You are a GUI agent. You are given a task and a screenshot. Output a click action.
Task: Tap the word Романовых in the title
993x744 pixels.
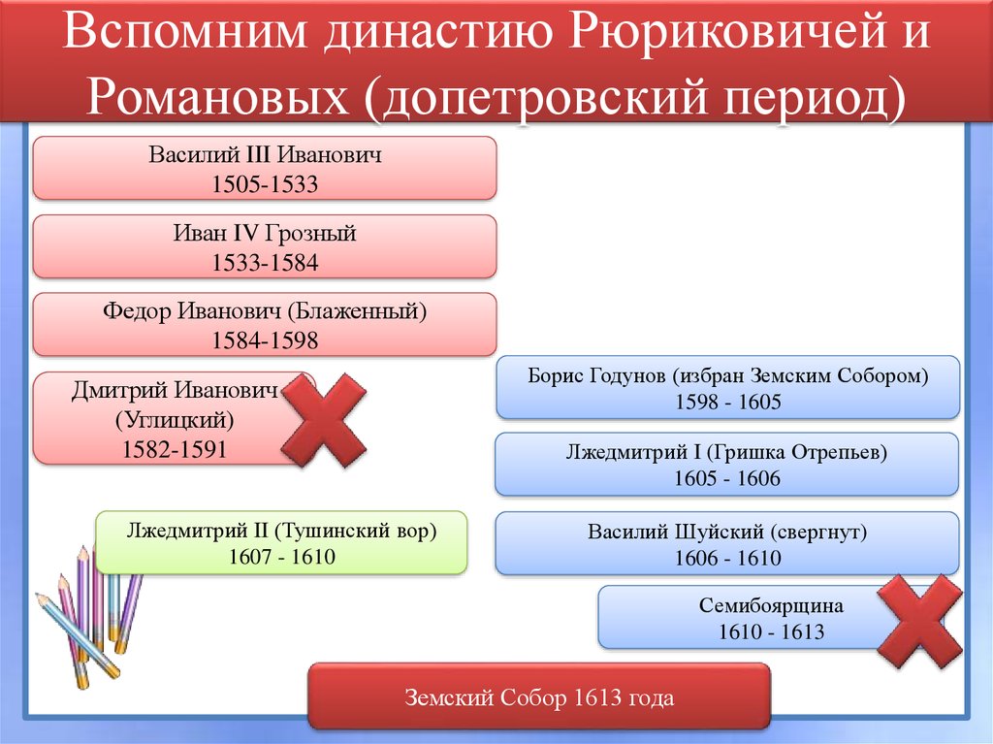[214, 97]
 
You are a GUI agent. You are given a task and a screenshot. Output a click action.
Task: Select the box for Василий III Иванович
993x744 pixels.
[265, 169]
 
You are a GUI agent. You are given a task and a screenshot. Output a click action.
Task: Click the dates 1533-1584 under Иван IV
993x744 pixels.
[265, 263]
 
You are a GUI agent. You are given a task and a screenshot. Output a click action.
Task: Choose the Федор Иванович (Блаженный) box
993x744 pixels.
[265, 325]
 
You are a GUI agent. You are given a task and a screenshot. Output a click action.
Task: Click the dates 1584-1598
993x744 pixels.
[265, 340]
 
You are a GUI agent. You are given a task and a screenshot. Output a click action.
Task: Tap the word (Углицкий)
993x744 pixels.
[176, 420]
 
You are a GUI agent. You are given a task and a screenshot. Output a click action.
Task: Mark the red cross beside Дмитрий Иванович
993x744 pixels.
[324, 418]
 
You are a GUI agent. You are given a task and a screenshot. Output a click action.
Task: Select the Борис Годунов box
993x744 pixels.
[727, 388]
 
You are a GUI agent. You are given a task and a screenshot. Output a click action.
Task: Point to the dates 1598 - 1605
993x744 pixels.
[727, 403]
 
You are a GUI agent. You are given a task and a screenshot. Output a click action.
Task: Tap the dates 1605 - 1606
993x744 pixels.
[727, 479]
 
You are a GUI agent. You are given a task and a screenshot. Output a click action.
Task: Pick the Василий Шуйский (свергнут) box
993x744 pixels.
[727, 543]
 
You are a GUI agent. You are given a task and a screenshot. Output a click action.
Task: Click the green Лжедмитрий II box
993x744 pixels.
[281, 543]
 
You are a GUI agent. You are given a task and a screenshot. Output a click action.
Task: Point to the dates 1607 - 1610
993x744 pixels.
[281, 558]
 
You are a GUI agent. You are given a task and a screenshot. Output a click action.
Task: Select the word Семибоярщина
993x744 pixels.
[771, 606]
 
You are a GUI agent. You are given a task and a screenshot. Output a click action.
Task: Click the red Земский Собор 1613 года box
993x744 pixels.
[538, 696]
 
